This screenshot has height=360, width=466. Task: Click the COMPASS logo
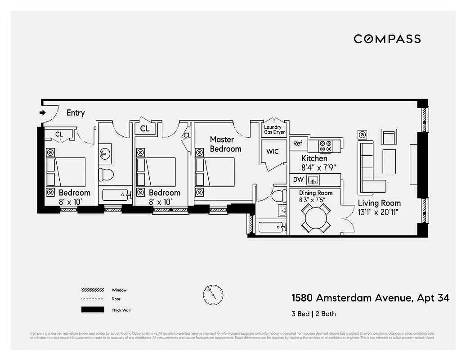(387, 39)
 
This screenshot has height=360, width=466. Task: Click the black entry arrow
(43, 112)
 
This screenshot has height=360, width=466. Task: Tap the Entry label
(76, 113)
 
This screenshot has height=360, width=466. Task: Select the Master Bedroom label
(225, 144)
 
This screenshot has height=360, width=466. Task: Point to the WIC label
(273, 151)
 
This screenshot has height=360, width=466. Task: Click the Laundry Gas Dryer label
(273, 130)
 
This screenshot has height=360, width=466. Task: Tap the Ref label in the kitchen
(298, 144)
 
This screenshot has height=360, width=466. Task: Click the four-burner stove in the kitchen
(326, 146)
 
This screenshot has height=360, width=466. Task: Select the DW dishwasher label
(298, 180)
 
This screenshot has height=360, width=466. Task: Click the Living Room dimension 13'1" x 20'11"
(379, 212)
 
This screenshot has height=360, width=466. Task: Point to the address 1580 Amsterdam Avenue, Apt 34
(370, 298)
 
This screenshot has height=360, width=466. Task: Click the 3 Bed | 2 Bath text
(314, 314)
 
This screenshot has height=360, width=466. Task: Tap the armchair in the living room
(389, 137)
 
